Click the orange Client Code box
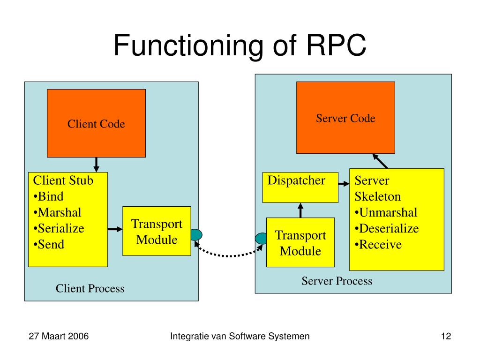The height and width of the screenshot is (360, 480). click(x=96, y=123)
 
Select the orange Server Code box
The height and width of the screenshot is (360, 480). click(x=345, y=118)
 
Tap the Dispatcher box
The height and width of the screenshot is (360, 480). click(x=300, y=187)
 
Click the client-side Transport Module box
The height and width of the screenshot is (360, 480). click(x=157, y=231)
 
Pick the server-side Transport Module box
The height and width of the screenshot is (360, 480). click(x=300, y=242)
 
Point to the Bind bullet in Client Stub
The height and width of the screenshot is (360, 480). click(x=48, y=196)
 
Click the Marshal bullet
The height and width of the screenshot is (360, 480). click(x=57, y=212)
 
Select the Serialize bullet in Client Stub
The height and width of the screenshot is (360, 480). click(x=59, y=229)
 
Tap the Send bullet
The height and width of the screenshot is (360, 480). click(x=49, y=245)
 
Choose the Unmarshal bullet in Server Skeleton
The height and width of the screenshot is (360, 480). click(x=386, y=212)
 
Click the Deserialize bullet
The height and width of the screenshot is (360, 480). click(x=387, y=229)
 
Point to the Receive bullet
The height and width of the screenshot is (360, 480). click(x=378, y=245)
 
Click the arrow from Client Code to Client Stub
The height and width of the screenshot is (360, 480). click(x=96, y=165)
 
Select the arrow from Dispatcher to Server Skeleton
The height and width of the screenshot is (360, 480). click(x=344, y=184)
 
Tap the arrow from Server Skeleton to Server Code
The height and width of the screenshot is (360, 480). click(x=380, y=161)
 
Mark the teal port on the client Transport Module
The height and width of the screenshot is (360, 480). click(x=196, y=235)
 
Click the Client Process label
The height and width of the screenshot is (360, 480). click(x=90, y=288)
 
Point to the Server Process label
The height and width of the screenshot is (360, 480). click(x=337, y=281)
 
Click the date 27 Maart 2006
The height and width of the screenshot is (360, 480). click(x=59, y=336)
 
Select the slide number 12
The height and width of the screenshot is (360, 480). click(x=446, y=336)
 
